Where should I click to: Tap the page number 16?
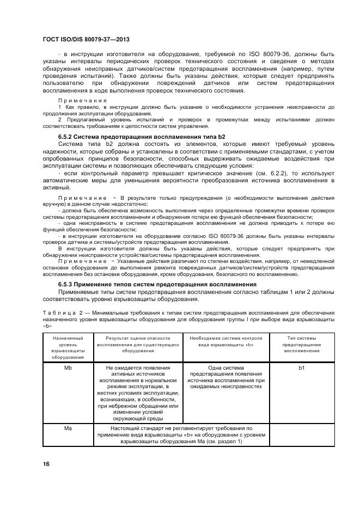[46, 464]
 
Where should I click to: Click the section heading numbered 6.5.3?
[157, 284]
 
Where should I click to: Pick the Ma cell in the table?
[68, 428]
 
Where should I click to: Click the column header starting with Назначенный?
[68, 347]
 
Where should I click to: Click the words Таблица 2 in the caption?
[60, 312]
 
